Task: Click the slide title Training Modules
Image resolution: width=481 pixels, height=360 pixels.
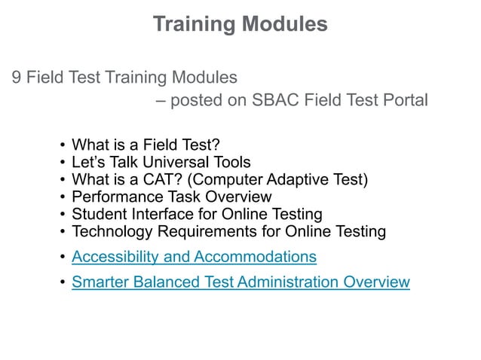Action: (x=240, y=24)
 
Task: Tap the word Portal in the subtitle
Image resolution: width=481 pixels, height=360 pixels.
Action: (x=404, y=100)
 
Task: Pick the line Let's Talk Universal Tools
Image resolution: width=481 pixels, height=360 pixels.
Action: (x=161, y=162)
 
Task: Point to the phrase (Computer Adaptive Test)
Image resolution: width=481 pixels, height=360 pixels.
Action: (x=283, y=179)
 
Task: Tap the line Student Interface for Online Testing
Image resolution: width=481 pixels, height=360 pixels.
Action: (x=197, y=214)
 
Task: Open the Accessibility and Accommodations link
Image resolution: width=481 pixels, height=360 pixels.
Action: (x=194, y=257)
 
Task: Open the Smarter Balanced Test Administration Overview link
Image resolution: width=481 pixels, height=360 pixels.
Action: (x=240, y=282)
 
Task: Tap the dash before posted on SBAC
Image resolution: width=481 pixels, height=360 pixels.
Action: (x=161, y=100)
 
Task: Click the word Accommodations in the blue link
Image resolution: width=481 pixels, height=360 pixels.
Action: (x=255, y=257)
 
